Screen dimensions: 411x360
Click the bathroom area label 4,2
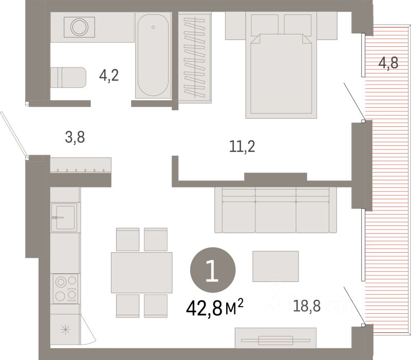(x=109, y=75)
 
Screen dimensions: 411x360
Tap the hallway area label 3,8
(x=75, y=137)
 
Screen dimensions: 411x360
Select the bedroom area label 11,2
(x=242, y=146)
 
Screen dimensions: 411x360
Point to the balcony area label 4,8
(x=388, y=63)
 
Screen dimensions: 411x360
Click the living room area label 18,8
(x=307, y=306)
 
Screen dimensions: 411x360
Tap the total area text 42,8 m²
(x=215, y=308)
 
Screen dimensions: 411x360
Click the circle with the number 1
(x=213, y=270)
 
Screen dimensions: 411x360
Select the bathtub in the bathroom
(x=153, y=55)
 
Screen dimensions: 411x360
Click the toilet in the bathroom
(x=68, y=78)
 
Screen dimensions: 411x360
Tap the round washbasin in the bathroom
(x=79, y=27)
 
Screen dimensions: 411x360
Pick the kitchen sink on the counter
(x=64, y=217)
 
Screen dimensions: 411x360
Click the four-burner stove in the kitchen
(x=66, y=289)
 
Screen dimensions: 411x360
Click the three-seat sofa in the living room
(x=275, y=210)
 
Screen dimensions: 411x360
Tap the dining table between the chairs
(x=142, y=273)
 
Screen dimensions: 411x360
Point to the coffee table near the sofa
(x=275, y=266)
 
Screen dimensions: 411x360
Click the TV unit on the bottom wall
(x=275, y=338)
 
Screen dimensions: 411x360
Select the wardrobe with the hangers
(x=195, y=57)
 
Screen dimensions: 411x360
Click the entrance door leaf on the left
(x=14, y=134)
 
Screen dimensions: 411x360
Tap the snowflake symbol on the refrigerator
(x=65, y=329)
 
